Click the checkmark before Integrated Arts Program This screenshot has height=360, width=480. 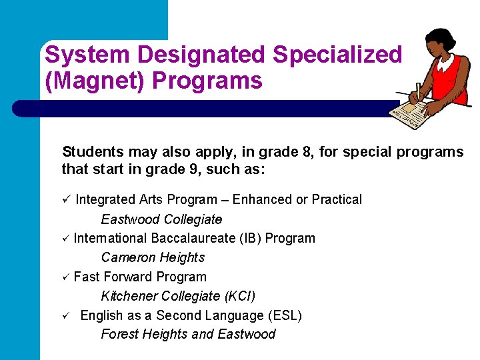coord(65,199)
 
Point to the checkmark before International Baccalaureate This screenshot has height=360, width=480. coord(65,238)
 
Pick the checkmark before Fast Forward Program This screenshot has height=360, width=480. coord(65,277)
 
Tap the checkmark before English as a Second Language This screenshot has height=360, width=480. coord(65,315)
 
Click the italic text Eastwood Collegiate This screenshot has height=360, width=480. coord(161,219)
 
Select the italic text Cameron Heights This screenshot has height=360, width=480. coord(153,257)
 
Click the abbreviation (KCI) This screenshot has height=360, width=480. coord(239,296)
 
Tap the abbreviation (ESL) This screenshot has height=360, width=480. coord(285,315)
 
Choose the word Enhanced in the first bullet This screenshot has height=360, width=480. coord(257,199)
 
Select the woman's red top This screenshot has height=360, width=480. coord(448,80)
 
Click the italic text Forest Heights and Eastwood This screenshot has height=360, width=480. coord(188,334)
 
